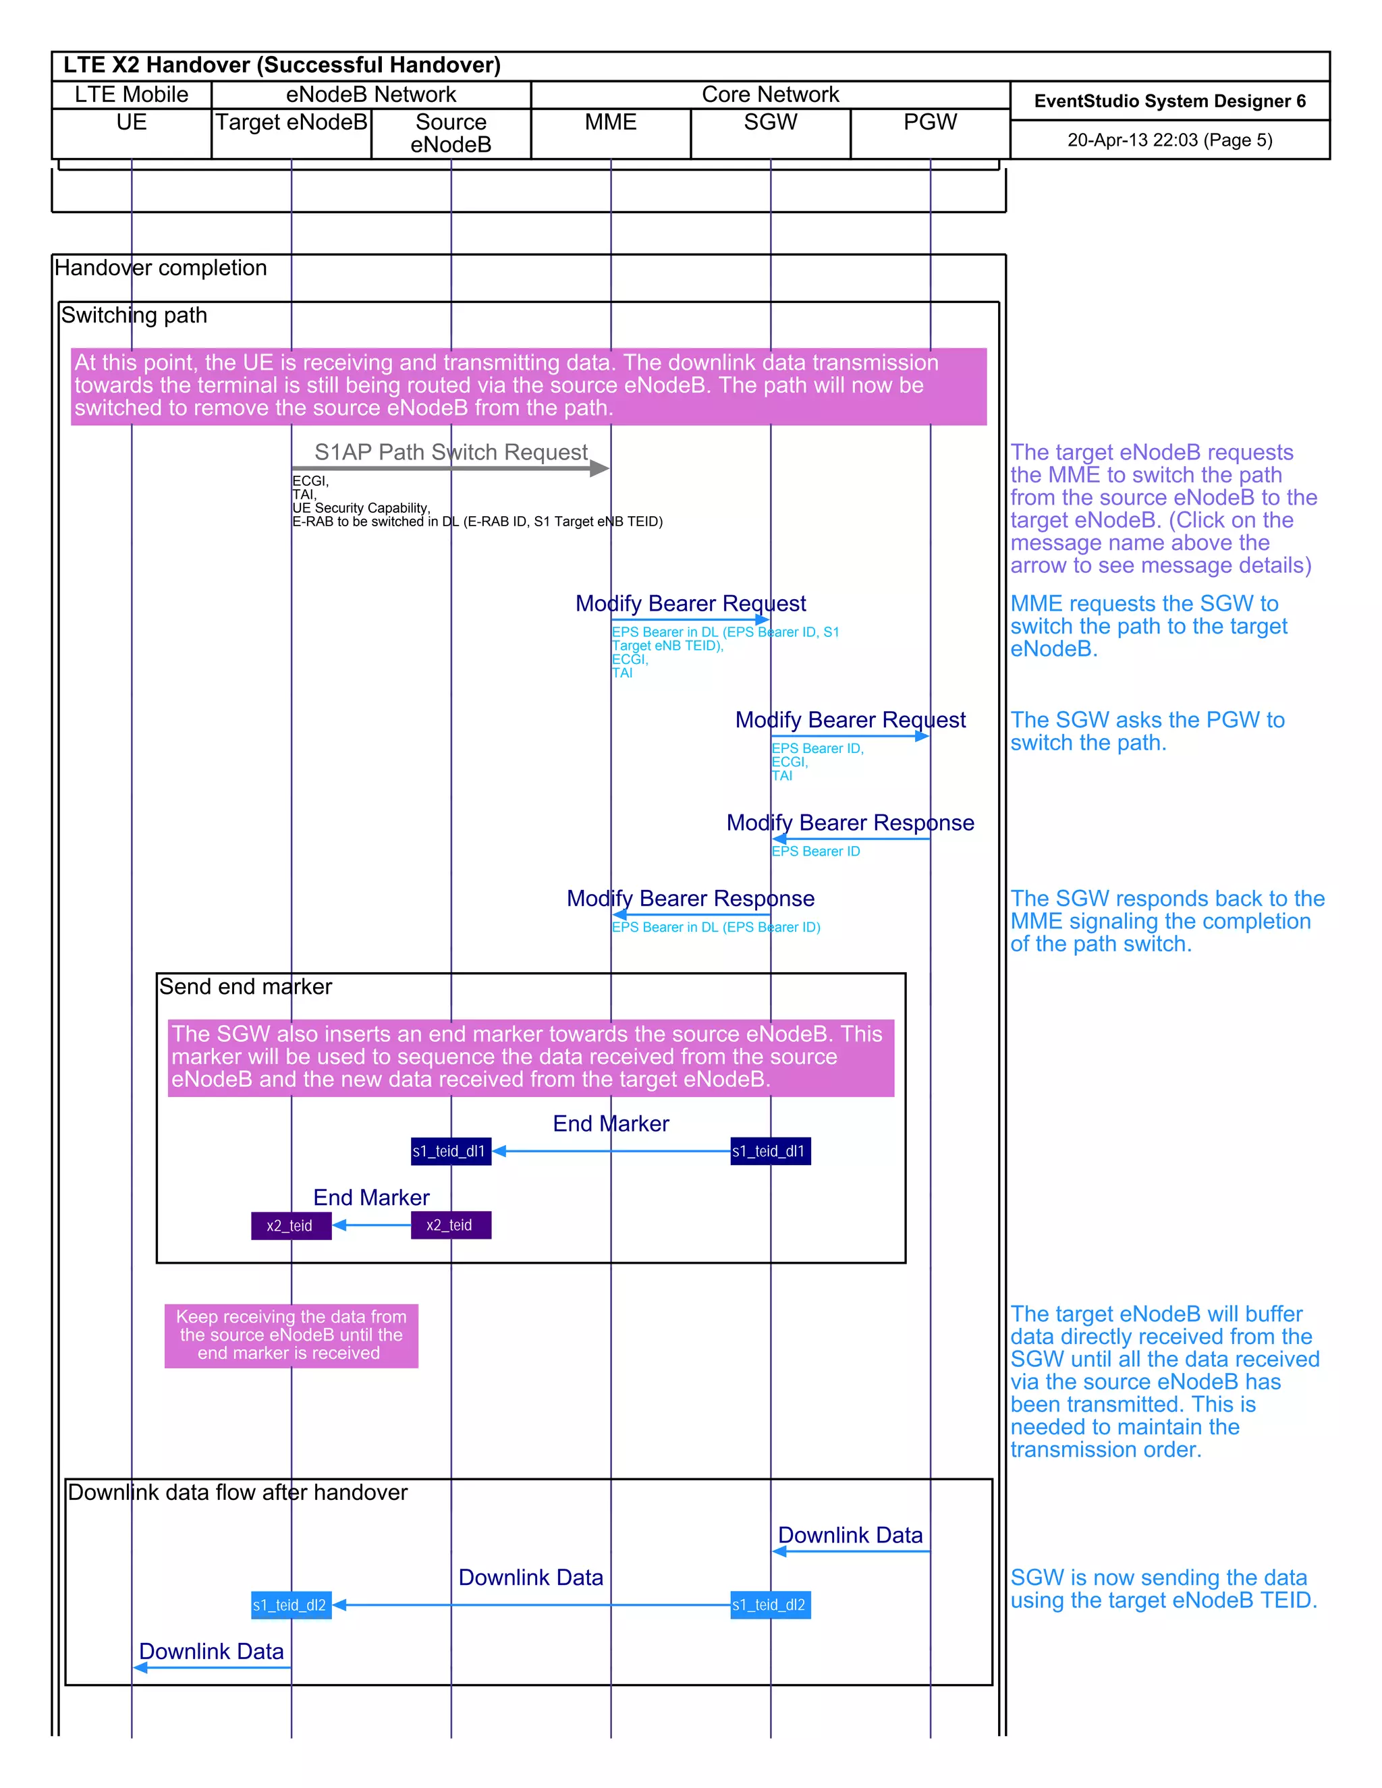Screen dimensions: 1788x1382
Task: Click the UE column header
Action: pyautogui.click(x=131, y=123)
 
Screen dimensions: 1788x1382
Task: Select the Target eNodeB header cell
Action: pyautogui.click(x=291, y=123)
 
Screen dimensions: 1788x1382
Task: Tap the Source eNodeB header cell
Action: pyautogui.click(x=451, y=134)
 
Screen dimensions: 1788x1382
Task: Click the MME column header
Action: pyautogui.click(x=610, y=123)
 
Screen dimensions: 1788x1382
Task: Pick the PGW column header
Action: pyautogui.click(x=930, y=123)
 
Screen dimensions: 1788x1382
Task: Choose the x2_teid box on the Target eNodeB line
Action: pyautogui.click(x=291, y=1225)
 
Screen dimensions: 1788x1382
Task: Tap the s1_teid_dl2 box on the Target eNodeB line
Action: pyautogui.click(x=291, y=1605)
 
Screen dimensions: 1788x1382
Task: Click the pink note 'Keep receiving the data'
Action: pyautogui.click(x=291, y=1335)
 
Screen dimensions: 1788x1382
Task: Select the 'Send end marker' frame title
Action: pyautogui.click(x=246, y=986)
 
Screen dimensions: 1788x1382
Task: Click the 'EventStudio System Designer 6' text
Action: pyautogui.click(x=1169, y=101)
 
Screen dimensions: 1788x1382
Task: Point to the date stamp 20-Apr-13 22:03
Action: pyautogui.click(x=1169, y=140)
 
